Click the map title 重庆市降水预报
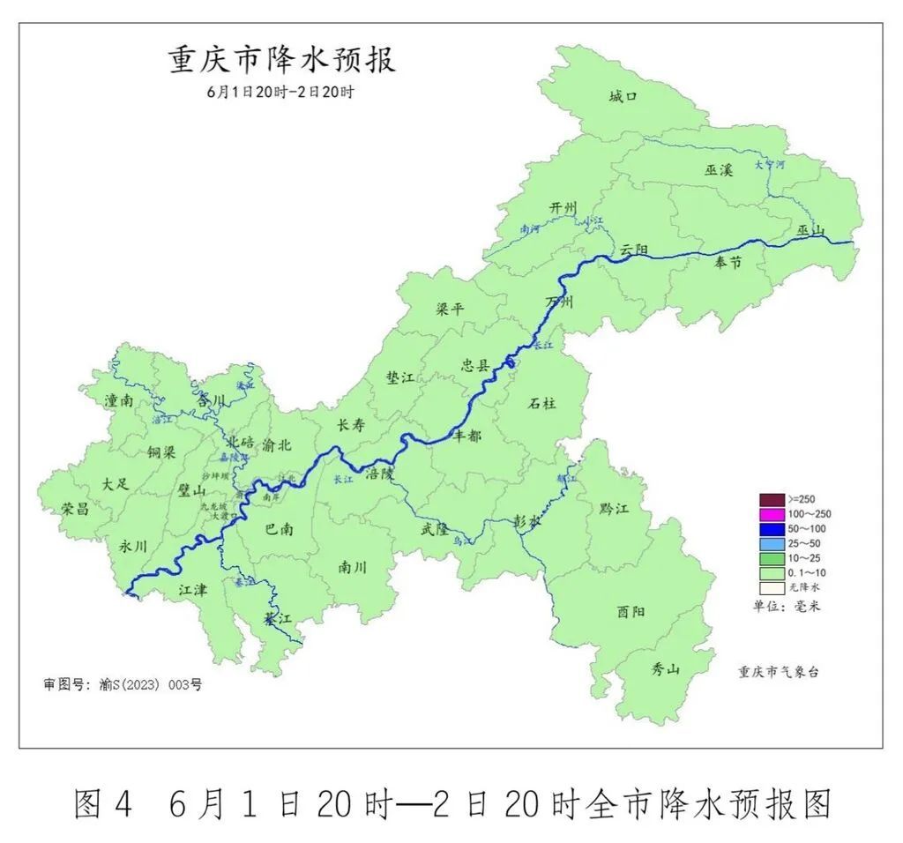(x=281, y=60)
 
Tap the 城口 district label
(x=623, y=96)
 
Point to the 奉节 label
(x=728, y=262)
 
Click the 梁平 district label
(x=450, y=310)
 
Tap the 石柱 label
(x=542, y=404)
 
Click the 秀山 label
(x=666, y=669)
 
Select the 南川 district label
(x=352, y=568)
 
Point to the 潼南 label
(x=119, y=400)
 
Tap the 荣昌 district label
(x=75, y=509)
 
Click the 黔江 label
(x=614, y=509)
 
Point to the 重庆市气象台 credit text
(x=779, y=671)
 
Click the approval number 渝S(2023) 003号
(x=149, y=684)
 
